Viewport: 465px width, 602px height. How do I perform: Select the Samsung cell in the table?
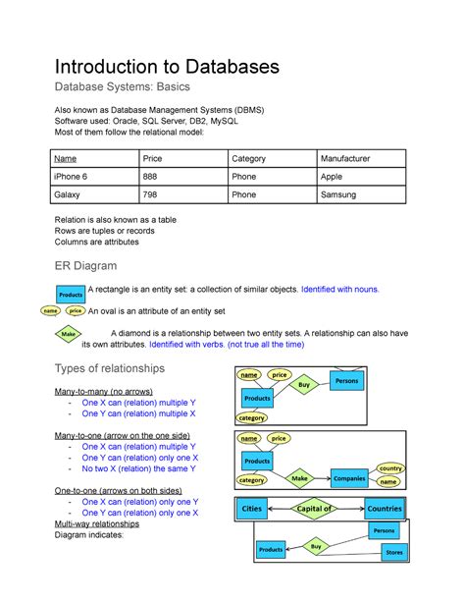(x=337, y=194)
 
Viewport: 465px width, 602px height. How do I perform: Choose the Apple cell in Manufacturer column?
(x=332, y=176)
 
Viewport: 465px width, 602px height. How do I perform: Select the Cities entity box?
(x=251, y=509)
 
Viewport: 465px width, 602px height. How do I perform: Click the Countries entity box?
(x=384, y=509)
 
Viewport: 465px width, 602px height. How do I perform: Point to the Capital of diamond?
(x=314, y=509)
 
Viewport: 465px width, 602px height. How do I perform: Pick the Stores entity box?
(x=392, y=553)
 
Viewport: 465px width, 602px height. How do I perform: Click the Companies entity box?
(x=348, y=478)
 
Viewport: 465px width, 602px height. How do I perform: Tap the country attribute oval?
(x=390, y=468)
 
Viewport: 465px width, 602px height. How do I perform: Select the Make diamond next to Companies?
(x=299, y=478)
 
